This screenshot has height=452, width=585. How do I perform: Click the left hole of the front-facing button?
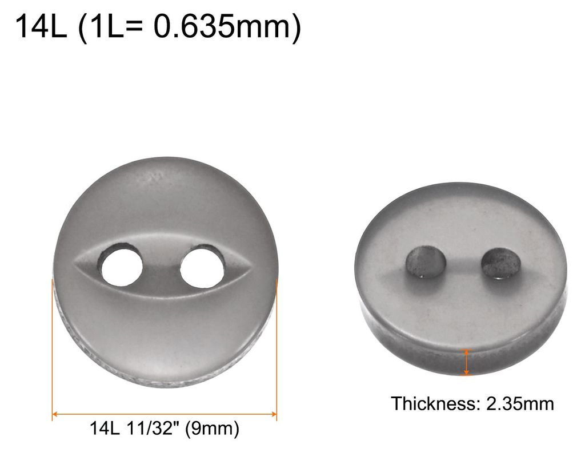(x=122, y=266)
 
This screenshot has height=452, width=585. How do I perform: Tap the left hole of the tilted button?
(x=426, y=261)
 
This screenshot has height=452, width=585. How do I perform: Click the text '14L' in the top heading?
(x=41, y=26)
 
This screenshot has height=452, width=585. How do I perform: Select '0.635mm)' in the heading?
(x=227, y=27)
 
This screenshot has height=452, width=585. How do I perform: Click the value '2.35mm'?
(x=520, y=404)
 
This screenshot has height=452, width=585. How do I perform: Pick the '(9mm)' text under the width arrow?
(x=212, y=428)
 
